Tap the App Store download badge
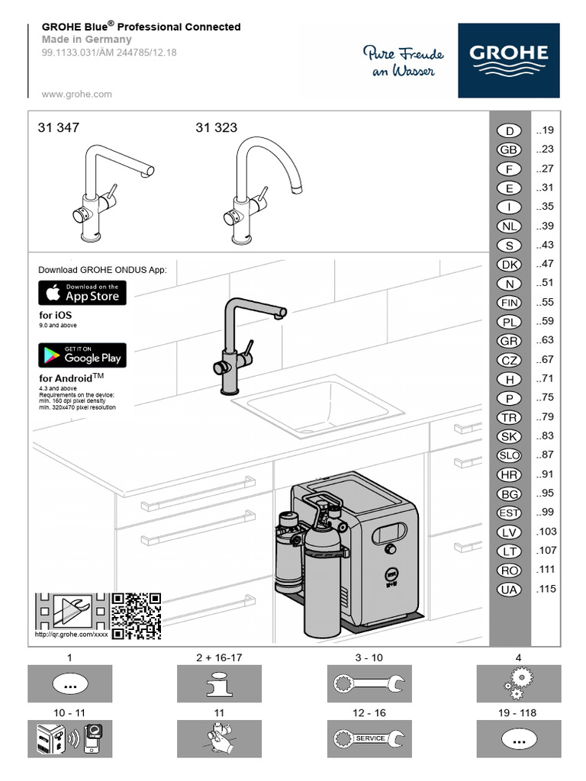[82, 293]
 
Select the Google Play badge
[82, 355]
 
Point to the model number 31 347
[59, 128]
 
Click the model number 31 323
[217, 128]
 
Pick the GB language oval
[509, 150]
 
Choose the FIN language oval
[509, 303]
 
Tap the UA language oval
[509, 589]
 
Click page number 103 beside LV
[546, 532]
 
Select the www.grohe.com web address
[76, 95]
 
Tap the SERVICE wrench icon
[369, 738]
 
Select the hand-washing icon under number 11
[219, 738]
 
